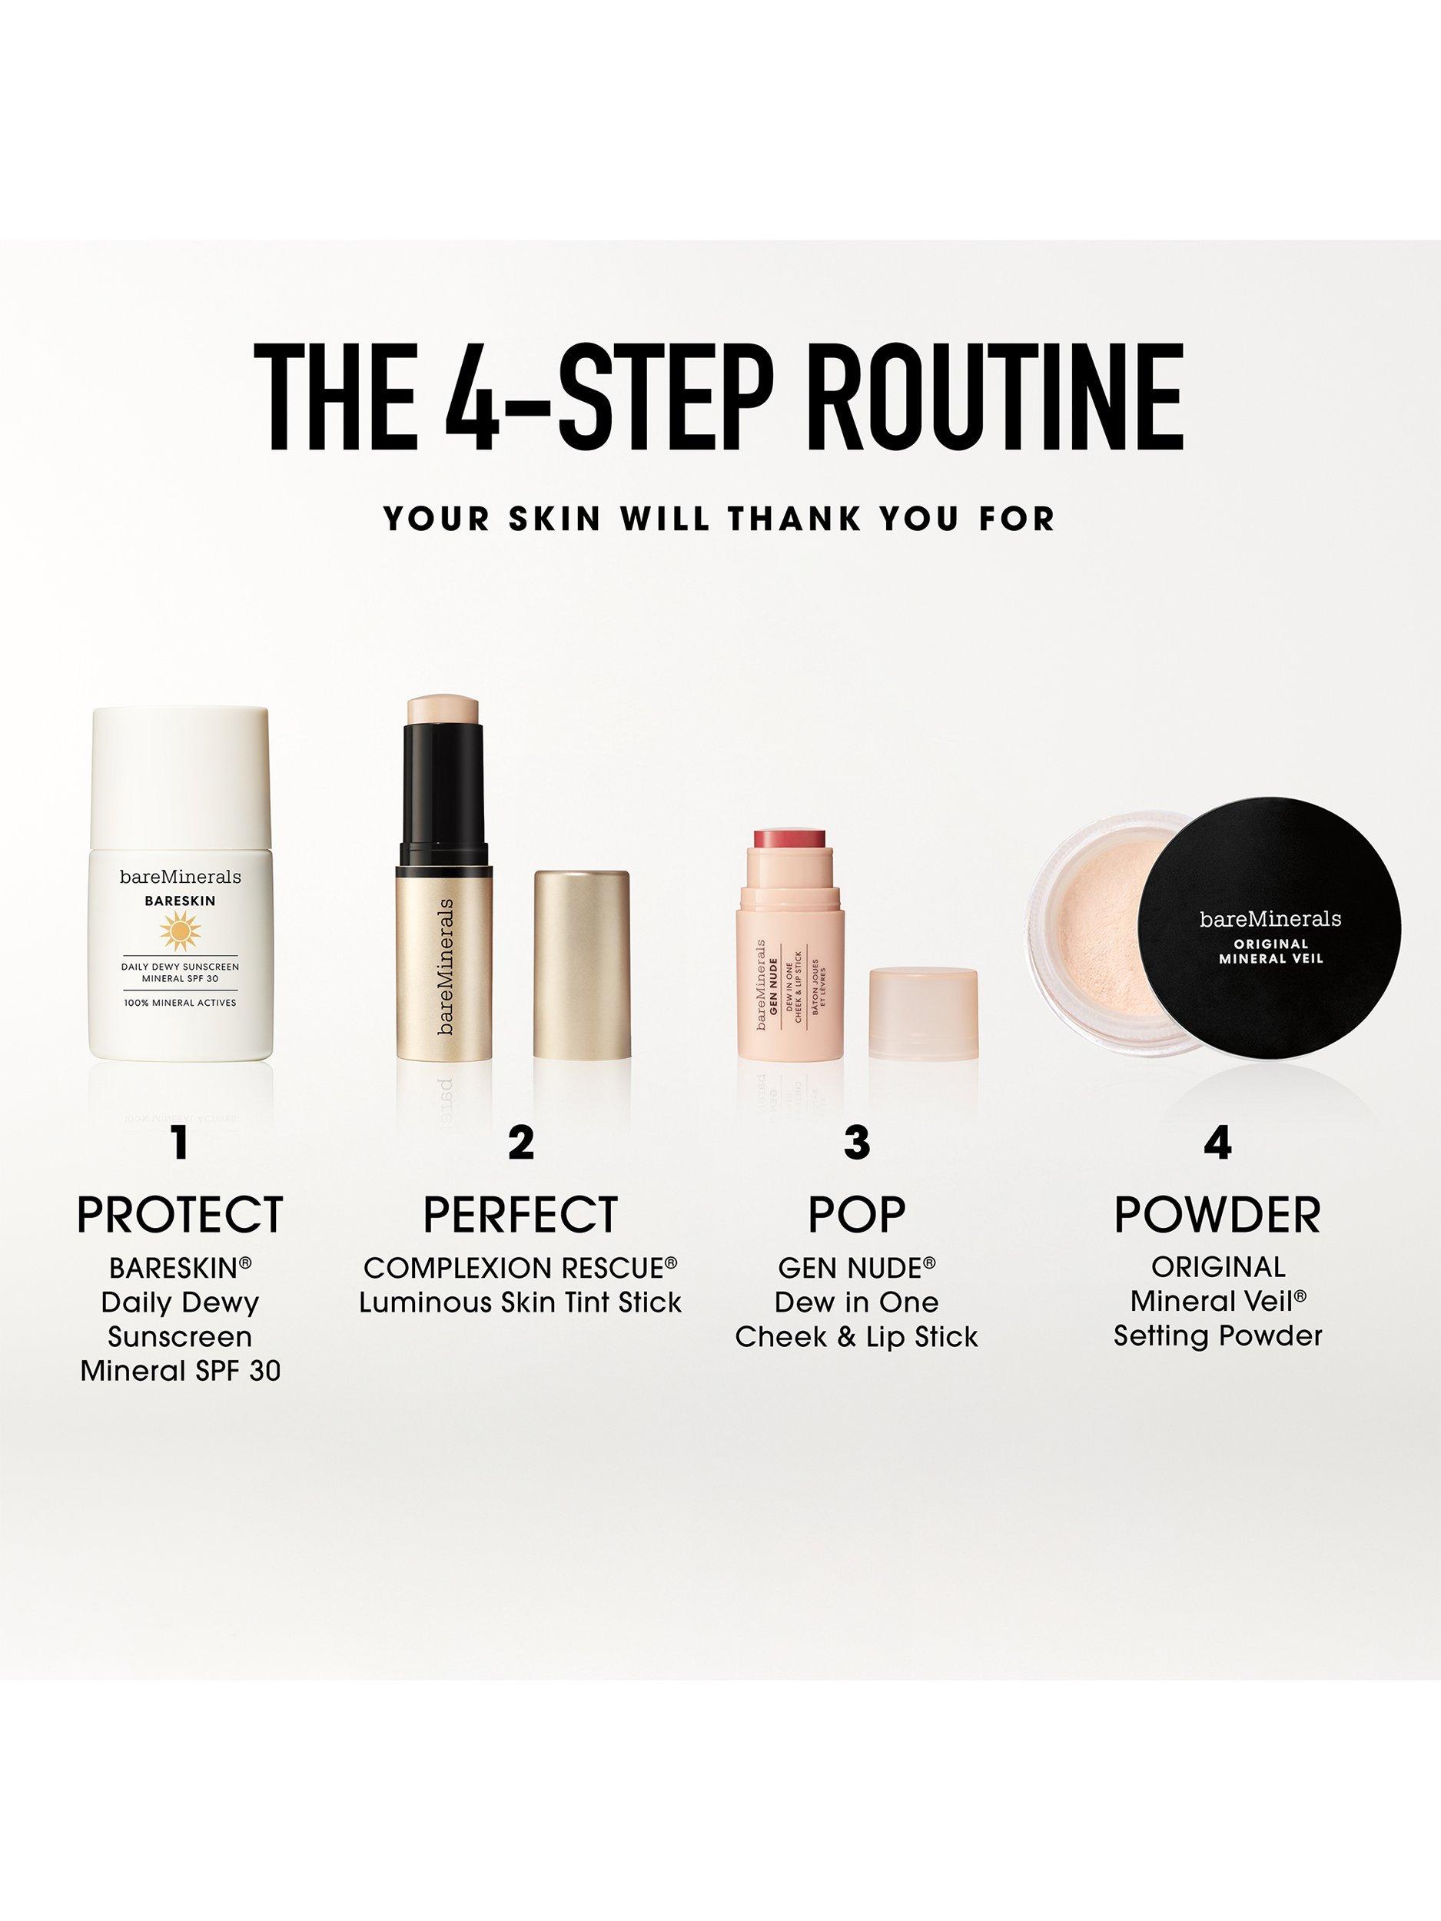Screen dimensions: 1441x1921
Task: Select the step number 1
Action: click(181, 1143)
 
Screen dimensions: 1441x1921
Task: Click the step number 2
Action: click(521, 1143)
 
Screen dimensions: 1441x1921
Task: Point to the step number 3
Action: click(856, 1143)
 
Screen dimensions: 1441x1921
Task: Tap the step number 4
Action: click(1218, 1143)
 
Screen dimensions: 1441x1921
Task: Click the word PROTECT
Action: click(181, 1214)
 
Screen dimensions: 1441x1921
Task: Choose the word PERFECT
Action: click(521, 1214)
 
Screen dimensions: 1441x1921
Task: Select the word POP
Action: click(856, 1214)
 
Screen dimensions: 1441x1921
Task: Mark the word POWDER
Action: click(1218, 1214)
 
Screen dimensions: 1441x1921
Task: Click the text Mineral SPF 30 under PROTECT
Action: click(181, 1372)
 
